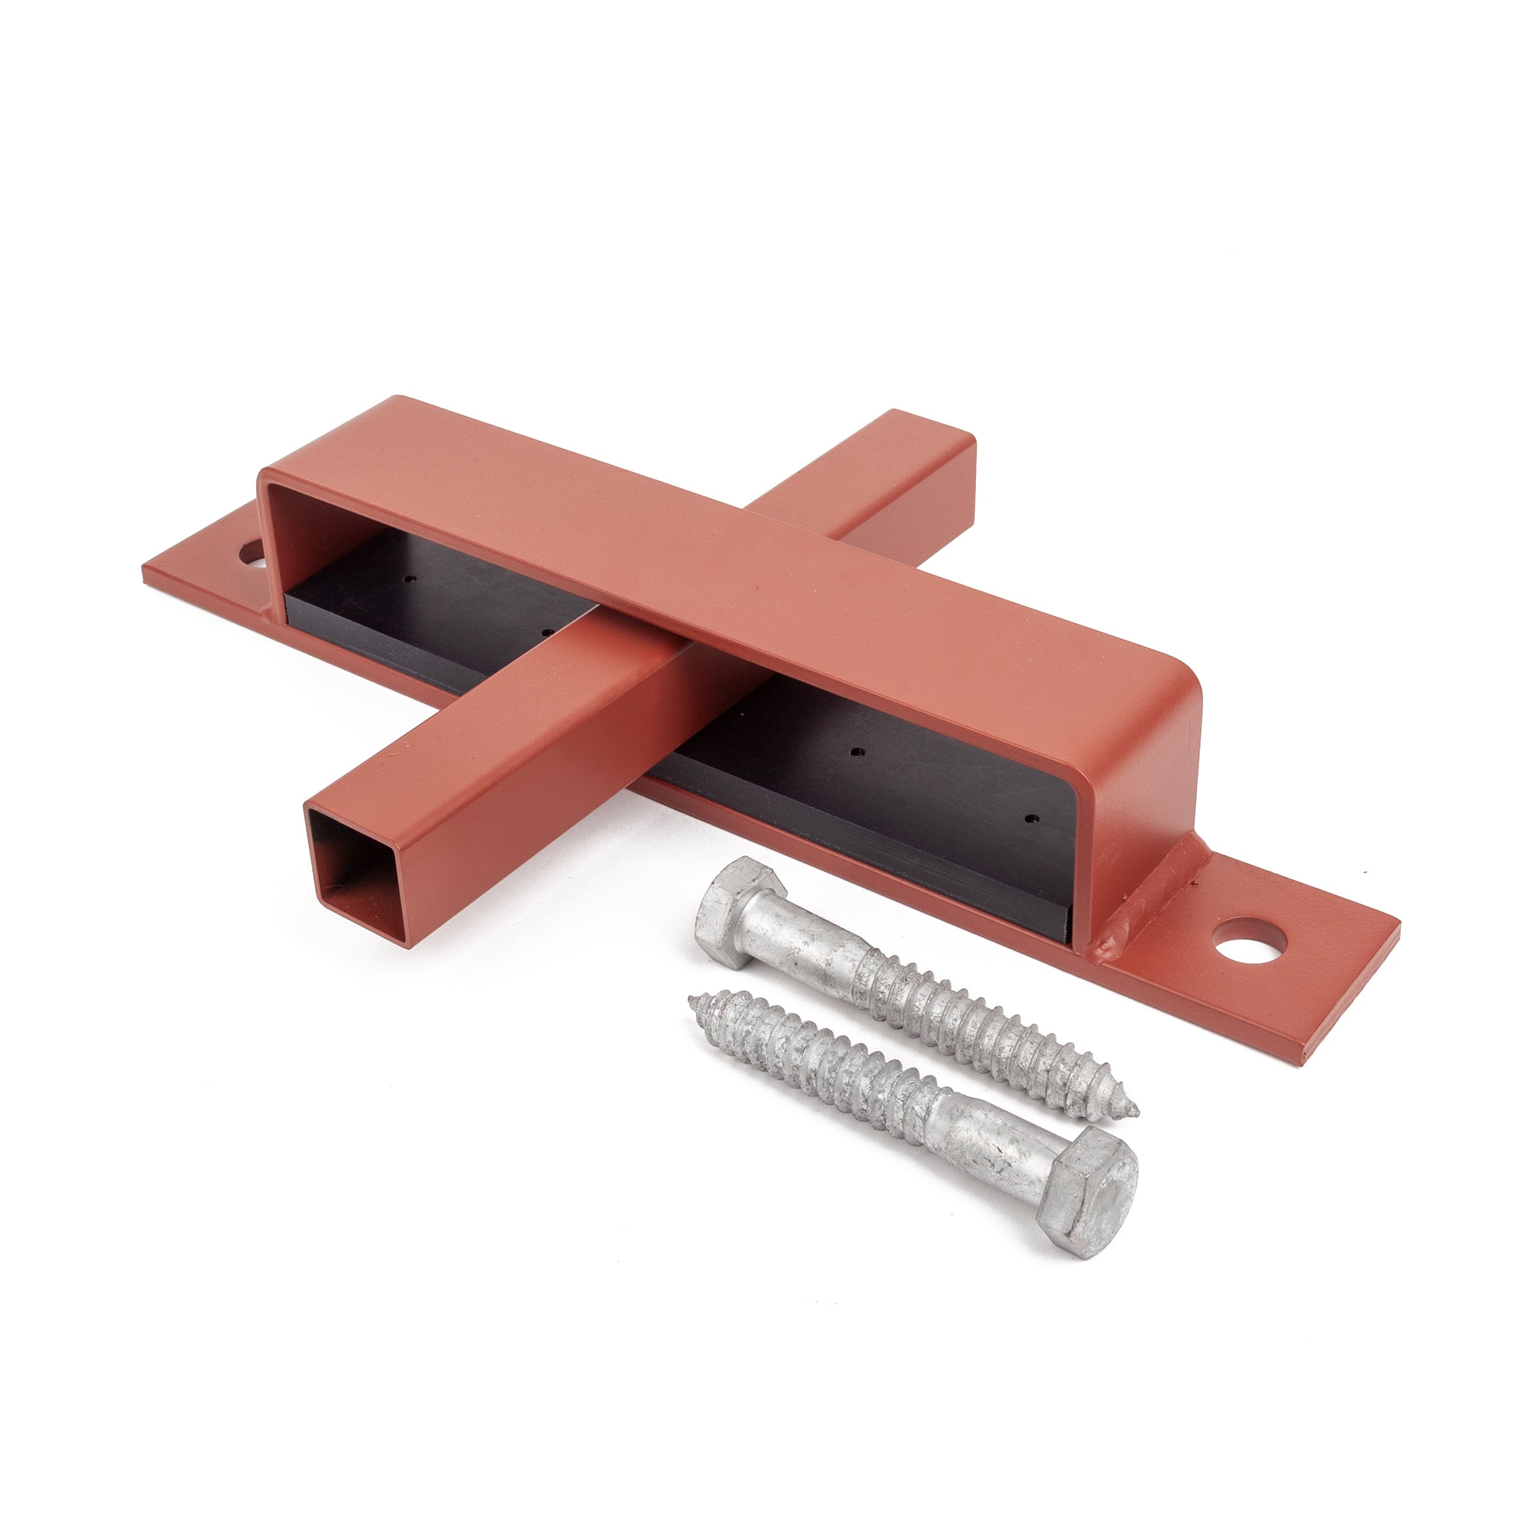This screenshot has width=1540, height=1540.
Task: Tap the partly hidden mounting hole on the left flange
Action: (253, 553)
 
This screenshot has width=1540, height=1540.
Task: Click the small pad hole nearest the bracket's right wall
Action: (1031, 819)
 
